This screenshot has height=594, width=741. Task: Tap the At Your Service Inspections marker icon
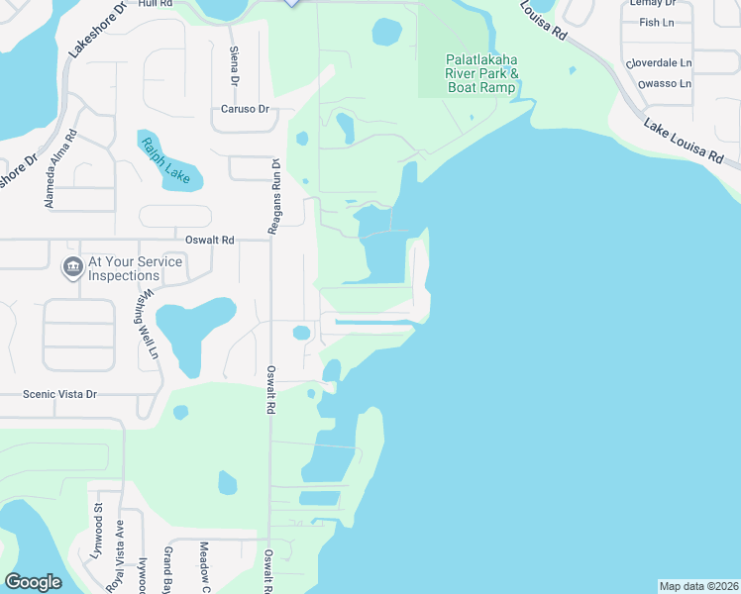tap(72, 268)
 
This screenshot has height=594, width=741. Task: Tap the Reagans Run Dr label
tap(274, 197)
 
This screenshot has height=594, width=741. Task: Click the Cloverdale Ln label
tap(658, 62)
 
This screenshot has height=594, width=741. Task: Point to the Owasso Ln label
tap(666, 83)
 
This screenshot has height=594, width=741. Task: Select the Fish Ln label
tap(656, 22)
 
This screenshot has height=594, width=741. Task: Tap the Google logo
tap(33, 582)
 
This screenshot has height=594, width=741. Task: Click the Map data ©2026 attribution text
tap(698, 586)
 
